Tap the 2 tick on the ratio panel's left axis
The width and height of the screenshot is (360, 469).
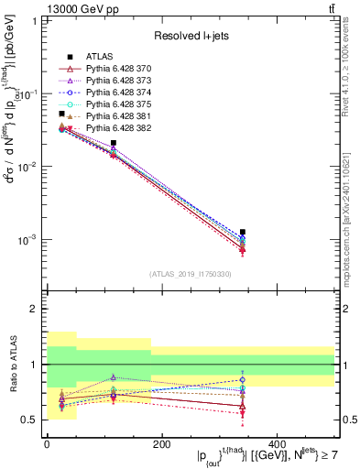pos(37,309)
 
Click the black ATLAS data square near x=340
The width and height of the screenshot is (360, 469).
pos(242,233)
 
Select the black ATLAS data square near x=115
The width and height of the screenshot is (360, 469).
pos(113,143)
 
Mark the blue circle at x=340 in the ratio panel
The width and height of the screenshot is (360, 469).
pos(242,379)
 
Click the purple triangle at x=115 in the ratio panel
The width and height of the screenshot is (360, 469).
pos(113,376)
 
